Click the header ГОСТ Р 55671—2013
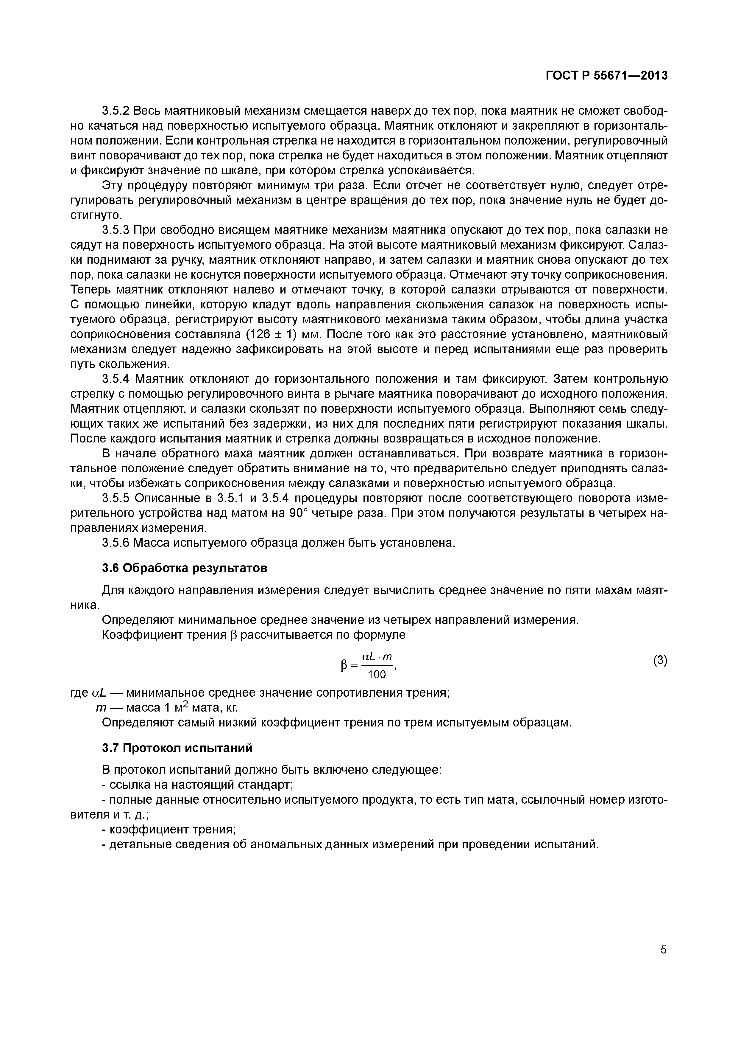coord(607,75)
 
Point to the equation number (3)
coord(660,660)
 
